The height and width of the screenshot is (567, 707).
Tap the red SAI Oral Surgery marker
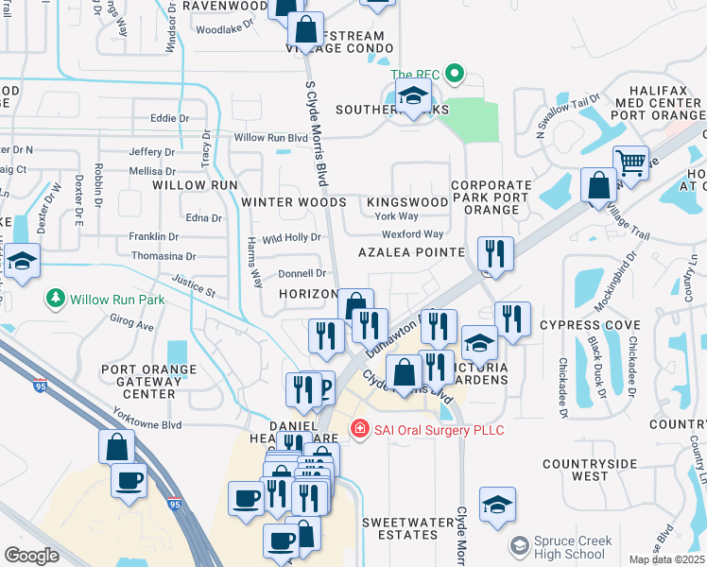tap(359, 430)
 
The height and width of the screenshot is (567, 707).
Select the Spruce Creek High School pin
tap(519, 546)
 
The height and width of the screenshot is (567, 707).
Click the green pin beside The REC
tap(454, 74)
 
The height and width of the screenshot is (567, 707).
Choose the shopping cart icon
tap(630, 162)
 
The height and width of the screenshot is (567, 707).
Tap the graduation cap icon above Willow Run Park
tap(22, 262)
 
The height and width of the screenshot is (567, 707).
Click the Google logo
tap(31, 555)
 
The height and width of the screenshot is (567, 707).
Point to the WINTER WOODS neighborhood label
tap(293, 202)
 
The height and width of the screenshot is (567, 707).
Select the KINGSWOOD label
tap(406, 202)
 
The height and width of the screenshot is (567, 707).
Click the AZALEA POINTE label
tap(411, 252)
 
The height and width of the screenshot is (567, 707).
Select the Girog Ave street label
tap(131, 325)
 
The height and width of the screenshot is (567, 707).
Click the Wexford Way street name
tap(412, 234)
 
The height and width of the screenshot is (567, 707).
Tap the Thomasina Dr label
tap(164, 256)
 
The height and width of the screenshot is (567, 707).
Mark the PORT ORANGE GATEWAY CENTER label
tap(149, 382)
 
